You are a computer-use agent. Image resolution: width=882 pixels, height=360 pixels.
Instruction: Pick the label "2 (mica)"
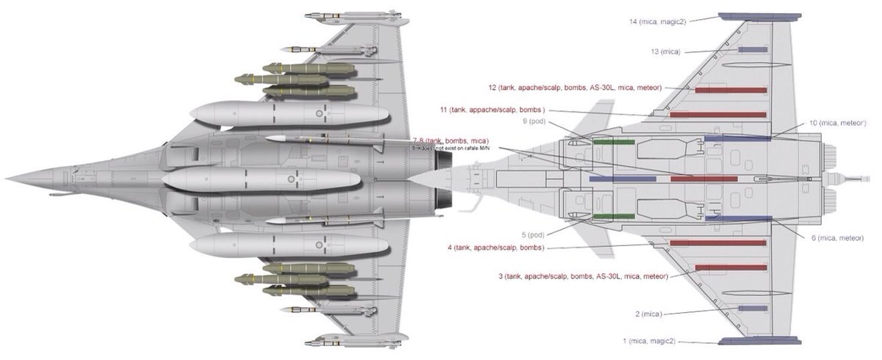pyautogui.click(x=648, y=314)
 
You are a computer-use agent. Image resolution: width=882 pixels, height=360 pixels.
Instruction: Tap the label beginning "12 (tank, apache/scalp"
pyautogui.click(x=580, y=87)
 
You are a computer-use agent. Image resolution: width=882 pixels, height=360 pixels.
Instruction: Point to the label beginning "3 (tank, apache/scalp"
pyautogui.click(x=583, y=276)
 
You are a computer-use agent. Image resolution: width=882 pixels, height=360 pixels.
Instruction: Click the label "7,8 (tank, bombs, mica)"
pyautogui.click(x=451, y=140)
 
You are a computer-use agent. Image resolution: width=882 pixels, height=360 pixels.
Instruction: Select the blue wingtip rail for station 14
pyautogui.click(x=759, y=15)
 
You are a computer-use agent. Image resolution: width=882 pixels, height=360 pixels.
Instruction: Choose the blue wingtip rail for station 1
pyautogui.click(x=759, y=341)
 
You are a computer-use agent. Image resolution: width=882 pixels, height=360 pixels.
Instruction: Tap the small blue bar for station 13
pyautogui.click(x=752, y=50)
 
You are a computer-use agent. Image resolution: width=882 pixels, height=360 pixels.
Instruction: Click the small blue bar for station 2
pyautogui.click(x=752, y=309)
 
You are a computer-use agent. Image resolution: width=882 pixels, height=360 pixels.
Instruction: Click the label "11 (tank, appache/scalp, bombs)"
pyautogui.click(x=492, y=109)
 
